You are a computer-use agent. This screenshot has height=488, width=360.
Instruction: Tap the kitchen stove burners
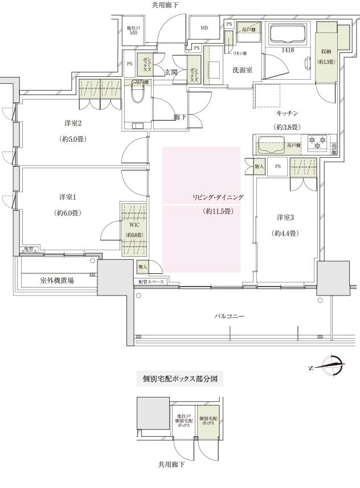pyautogui.click(x=316, y=140)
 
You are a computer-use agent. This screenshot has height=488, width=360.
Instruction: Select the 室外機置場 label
pyautogui.click(x=56, y=281)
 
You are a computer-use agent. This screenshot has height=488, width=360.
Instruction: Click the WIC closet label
pyautogui.click(x=134, y=225)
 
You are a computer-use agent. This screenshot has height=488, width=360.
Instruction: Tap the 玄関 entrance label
pyautogui.click(x=171, y=72)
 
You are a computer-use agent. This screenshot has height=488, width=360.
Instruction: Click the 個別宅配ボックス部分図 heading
pyautogui.click(x=179, y=378)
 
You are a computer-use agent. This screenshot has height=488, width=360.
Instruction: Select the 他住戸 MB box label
pyautogui.click(x=134, y=30)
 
